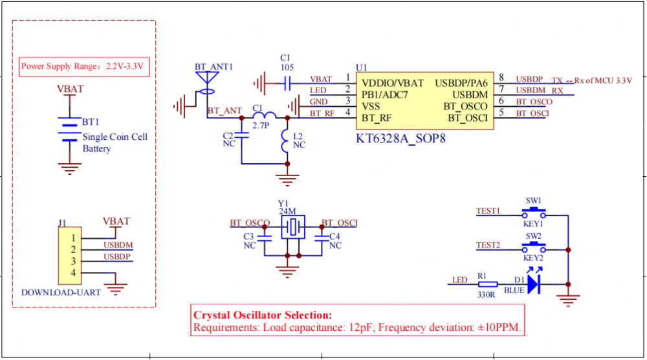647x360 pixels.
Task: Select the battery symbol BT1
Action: pos(67,132)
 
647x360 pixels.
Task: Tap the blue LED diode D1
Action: pos(533,284)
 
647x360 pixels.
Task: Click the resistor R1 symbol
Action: pos(488,284)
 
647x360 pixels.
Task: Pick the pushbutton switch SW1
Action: pos(534,212)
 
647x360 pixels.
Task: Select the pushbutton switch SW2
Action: pos(534,247)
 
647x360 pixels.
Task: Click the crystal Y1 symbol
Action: pos(293,227)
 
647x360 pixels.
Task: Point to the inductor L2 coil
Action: pos(285,141)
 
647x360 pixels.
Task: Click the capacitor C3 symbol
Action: pos(265,238)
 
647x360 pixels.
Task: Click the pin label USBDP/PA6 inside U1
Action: pos(461,83)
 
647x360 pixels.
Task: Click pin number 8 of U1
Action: pos(501,78)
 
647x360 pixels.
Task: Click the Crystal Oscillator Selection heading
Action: pos(263,315)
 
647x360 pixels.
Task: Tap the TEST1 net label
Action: pos(488,211)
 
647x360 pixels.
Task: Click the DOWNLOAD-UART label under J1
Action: pos(61,292)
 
